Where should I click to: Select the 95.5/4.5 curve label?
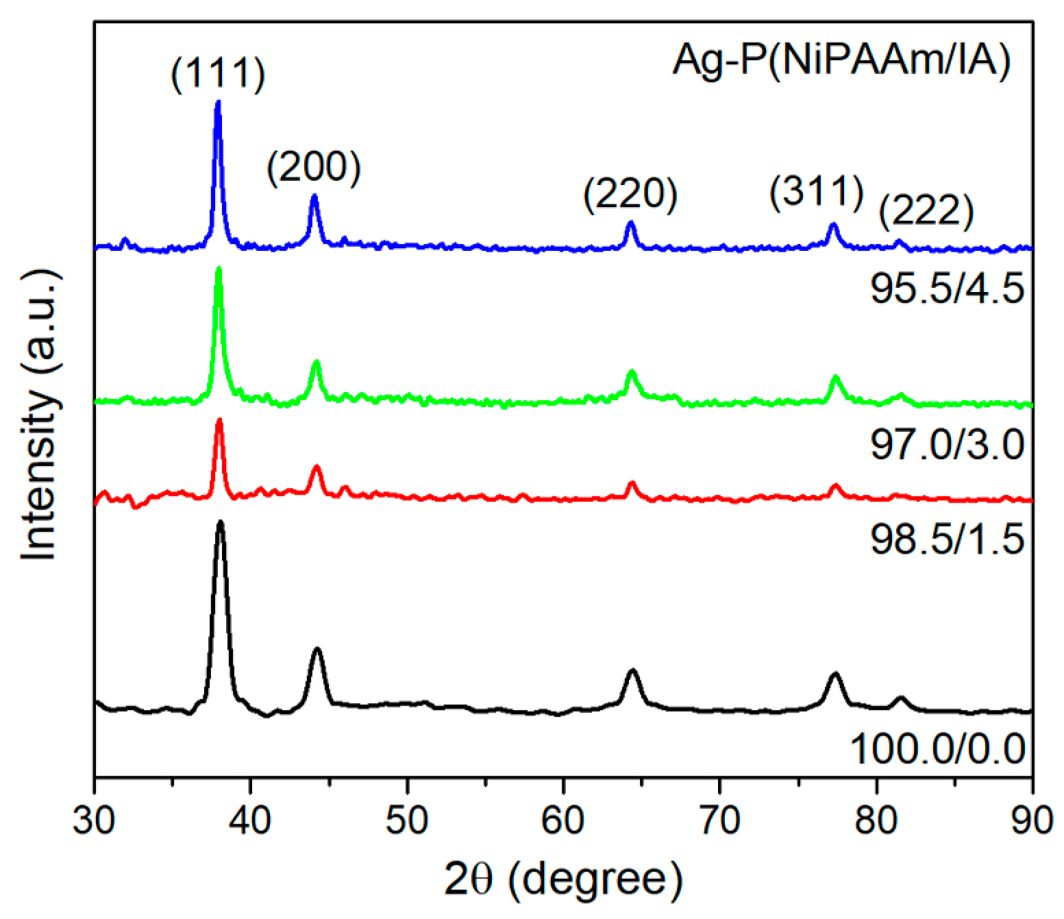947,289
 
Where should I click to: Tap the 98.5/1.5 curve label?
947,539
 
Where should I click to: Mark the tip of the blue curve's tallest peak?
219,102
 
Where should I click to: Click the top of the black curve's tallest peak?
221,522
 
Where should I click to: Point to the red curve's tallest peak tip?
219,419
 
